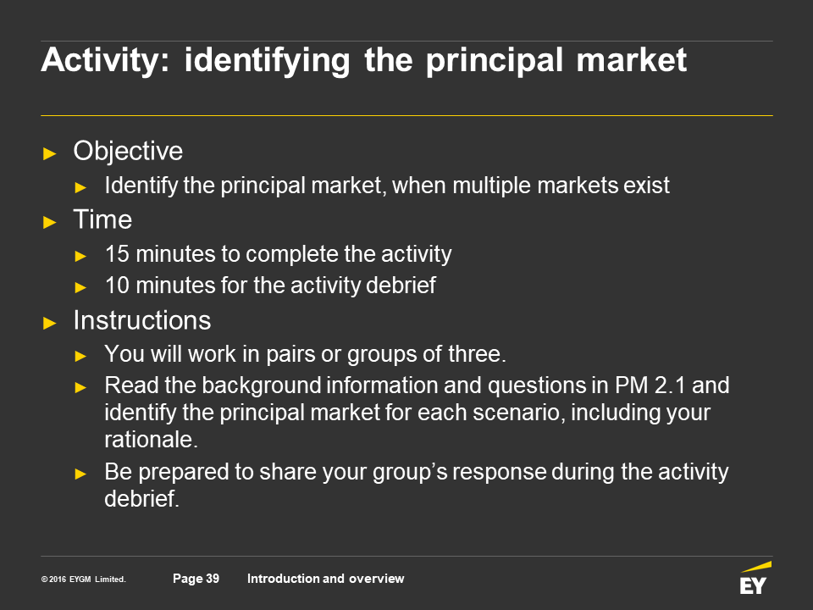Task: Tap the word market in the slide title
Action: point(632,59)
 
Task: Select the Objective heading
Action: point(128,152)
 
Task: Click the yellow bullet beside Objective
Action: point(50,153)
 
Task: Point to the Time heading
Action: point(102,219)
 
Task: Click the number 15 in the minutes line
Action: point(117,254)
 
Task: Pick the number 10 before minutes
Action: point(117,286)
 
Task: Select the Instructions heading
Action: point(142,320)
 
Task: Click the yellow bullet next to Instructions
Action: point(50,323)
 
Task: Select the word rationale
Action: point(152,440)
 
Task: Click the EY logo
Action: point(755,578)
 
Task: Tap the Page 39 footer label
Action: point(196,579)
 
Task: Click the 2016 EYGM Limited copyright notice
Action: point(84,579)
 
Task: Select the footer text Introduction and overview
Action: point(325,579)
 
